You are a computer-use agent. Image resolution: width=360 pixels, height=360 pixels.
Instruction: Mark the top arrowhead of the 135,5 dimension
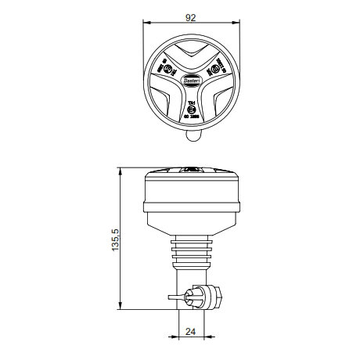pyautogui.click(x=123, y=168)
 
